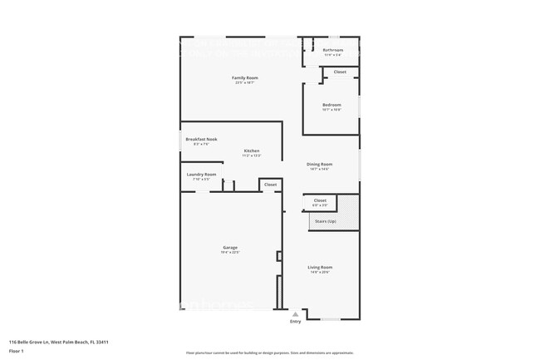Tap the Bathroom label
tap(333, 50)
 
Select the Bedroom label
tap(332, 104)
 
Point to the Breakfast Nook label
tap(201, 139)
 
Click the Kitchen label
tap(251, 150)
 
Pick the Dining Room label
tap(320, 164)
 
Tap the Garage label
tap(230, 247)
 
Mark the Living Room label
tap(321, 266)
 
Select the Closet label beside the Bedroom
tap(340, 72)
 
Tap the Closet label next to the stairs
tap(320, 200)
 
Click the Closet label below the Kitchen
tap(270, 184)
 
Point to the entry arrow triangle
tap(295, 313)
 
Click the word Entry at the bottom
tap(295, 321)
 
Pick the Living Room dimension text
tap(321, 271)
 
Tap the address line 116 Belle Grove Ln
tap(59, 341)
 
